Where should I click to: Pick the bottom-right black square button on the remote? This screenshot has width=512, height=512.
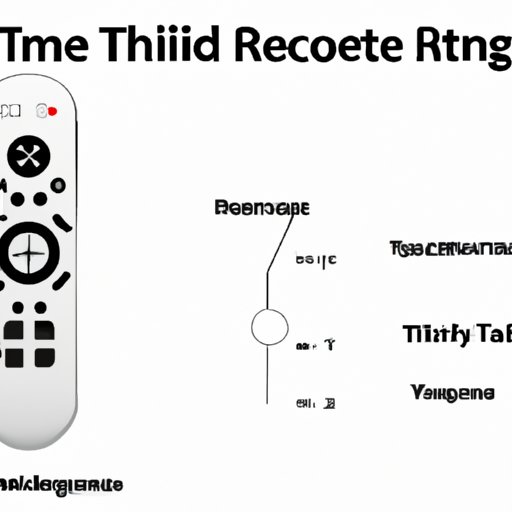[x=45, y=355]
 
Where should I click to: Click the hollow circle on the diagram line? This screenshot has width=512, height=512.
[x=267, y=328]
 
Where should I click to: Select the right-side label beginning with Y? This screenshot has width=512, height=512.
[x=452, y=394]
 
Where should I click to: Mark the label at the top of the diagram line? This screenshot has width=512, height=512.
[x=262, y=208]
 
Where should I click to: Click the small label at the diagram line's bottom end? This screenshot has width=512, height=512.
[x=315, y=404]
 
